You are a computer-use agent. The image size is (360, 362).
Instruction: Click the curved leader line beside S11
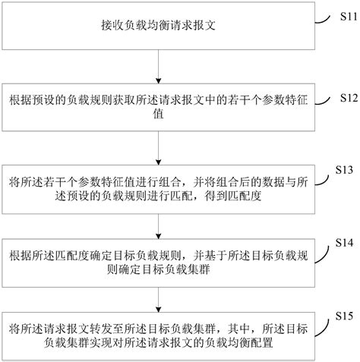click(322, 20)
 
